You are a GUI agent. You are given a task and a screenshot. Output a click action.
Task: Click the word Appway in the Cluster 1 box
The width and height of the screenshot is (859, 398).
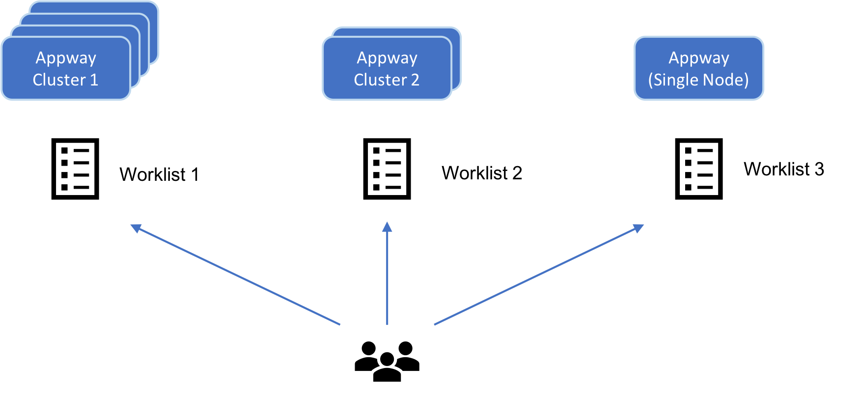pyautogui.click(x=66, y=58)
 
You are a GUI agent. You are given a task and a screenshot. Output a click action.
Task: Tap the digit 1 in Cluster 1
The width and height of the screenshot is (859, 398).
pyautogui.click(x=93, y=80)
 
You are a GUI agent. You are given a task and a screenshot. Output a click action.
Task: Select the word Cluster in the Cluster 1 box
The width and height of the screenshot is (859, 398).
pyautogui.click(x=58, y=80)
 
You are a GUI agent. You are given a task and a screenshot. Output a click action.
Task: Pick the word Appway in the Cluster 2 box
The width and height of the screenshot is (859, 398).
pyautogui.click(x=387, y=58)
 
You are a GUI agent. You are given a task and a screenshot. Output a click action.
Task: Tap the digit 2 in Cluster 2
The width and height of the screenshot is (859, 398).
pyautogui.click(x=415, y=80)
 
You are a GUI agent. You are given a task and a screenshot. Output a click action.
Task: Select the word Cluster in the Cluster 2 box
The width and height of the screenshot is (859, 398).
pyautogui.click(x=380, y=80)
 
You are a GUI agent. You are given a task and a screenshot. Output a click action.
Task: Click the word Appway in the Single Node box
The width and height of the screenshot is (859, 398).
pyautogui.click(x=698, y=58)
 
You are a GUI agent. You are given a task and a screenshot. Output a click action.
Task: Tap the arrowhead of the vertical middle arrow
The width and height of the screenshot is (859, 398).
pyautogui.click(x=387, y=227)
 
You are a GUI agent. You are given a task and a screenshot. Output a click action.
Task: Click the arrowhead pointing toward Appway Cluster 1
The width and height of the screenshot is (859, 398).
pyautogui.click(x=135, y=228)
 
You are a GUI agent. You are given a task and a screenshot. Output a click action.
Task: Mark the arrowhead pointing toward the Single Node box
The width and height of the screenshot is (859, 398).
pyautogui.click(x=639, y=228)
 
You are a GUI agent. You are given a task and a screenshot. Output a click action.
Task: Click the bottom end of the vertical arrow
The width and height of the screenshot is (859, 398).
pyautogui.click(x=387, y=323)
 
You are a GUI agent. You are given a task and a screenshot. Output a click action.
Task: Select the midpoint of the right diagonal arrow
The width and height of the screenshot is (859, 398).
pyautogui.click(x=537, y=276)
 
